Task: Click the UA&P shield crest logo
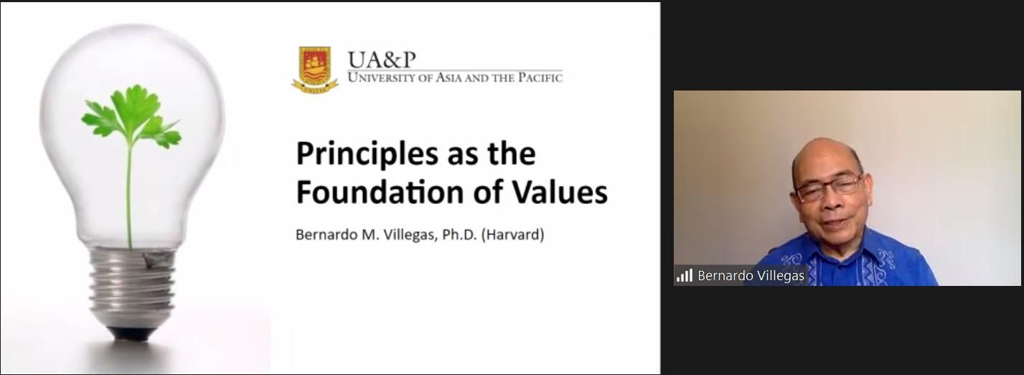(315, 70)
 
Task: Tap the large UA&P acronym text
(382, 60)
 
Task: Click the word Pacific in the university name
(540, 78)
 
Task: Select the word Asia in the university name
(449, 78)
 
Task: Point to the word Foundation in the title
(380, 192)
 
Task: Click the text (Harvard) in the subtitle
(513, 235)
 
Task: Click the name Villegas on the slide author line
(411, 235)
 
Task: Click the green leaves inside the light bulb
(131, 116)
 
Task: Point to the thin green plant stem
(130, 197)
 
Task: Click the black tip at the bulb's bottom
(132, 333)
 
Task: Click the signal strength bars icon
(685, 275)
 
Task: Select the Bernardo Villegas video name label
(751, 276)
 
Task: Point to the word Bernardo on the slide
(327, 234)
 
